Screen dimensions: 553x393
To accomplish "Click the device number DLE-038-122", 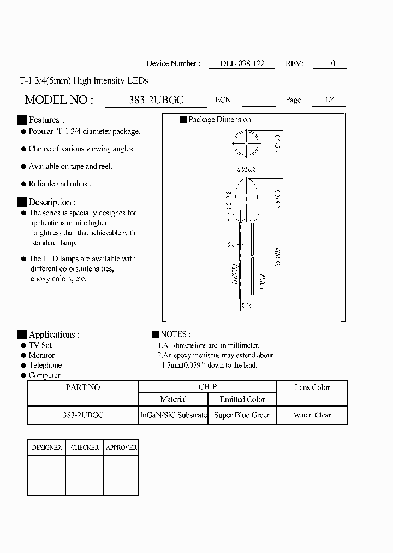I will (242, 63).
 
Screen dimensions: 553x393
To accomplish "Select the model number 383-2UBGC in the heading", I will (156, 100).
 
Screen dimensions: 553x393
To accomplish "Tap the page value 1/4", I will (330, 100).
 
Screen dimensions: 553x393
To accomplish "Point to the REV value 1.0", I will (330, 63).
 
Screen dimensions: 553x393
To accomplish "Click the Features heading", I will (46, 120).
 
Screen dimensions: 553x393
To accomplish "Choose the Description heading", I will (52, 202).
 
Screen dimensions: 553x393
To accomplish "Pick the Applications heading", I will (54, 334).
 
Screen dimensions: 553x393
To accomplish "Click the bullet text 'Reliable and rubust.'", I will (59, 184).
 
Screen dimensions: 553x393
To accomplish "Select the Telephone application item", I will (45, 365).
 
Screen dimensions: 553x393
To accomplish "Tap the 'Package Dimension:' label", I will (220, 119).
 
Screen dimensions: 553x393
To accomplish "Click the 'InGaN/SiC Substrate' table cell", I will (174, 415).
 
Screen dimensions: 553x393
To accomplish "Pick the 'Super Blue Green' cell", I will (242, 415).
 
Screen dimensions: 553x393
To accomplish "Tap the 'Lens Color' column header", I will (312, 387).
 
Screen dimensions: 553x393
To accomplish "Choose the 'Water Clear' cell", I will (312, 415).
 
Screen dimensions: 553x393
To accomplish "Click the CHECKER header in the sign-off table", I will (85, 448).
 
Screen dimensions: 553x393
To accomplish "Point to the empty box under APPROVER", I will (121, 475).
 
